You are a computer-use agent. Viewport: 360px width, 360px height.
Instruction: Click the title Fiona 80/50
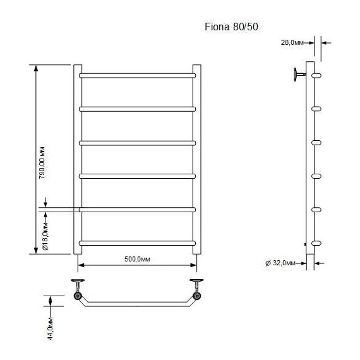230,27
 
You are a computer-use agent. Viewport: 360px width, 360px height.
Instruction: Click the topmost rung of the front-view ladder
137,75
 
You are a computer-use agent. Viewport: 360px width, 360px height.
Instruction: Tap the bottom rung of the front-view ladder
137,243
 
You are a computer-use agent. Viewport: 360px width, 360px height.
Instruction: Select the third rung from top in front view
137,142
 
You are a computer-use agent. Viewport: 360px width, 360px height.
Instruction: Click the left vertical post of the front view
78,158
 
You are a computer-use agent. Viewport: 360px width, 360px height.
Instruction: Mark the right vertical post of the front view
196,158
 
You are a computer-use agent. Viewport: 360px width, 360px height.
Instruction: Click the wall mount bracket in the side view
297,75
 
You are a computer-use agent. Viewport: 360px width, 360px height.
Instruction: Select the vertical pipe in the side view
309,164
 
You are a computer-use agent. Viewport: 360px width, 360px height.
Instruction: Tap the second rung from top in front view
137,109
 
